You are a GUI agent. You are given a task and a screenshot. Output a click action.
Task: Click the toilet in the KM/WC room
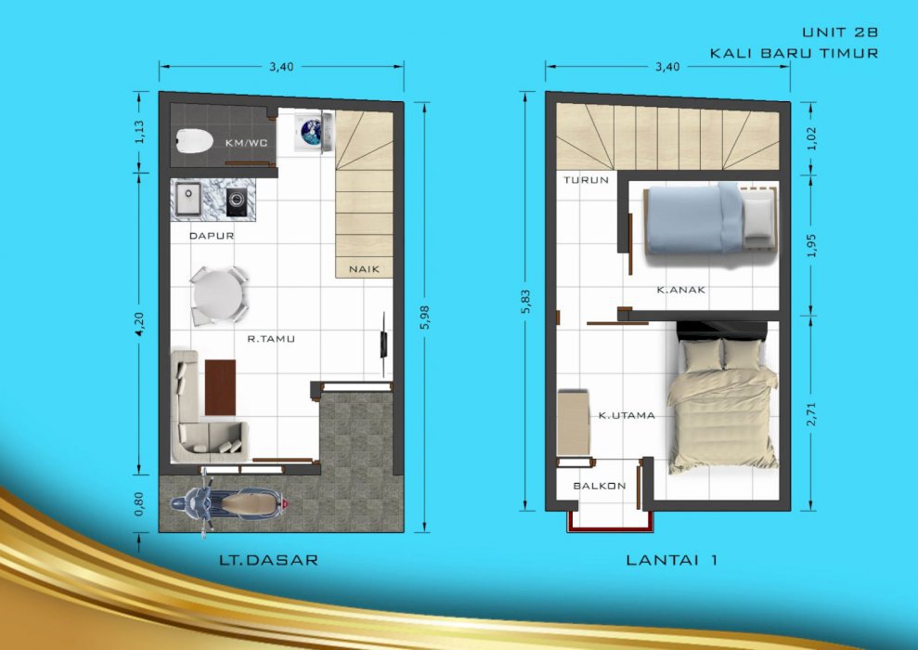195,141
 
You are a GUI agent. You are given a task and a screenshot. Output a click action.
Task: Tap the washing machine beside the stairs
314,133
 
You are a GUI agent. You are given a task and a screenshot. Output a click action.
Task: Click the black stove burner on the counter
237,201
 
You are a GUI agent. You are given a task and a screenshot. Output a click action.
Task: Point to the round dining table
218,295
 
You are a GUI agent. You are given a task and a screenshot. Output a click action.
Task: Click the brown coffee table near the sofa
221,387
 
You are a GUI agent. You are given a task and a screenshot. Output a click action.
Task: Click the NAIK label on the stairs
364,269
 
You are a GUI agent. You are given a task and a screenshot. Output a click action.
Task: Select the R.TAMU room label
271,339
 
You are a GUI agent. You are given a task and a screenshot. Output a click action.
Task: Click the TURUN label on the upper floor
586,180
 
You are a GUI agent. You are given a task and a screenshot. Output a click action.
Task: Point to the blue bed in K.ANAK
711,218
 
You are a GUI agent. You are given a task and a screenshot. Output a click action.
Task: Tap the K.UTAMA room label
627,415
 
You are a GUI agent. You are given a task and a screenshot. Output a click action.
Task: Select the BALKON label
600,486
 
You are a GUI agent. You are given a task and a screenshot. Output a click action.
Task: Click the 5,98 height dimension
425,317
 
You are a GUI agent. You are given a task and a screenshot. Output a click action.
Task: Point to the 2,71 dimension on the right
811,414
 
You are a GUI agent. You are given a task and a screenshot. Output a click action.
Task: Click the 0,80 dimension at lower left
138,503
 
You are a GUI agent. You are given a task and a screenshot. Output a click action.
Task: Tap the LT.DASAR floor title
269,560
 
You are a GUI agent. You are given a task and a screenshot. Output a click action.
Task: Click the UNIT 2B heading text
840,32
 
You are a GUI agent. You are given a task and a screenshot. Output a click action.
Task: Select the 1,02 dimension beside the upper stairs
811,138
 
